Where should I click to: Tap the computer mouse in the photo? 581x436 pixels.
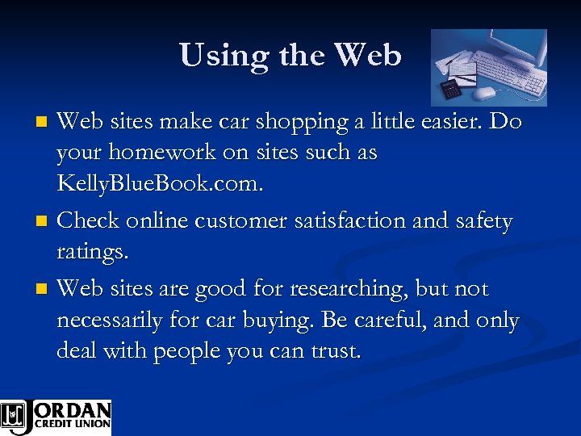coord(484,94)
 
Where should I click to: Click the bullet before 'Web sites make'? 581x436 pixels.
coord(44,123)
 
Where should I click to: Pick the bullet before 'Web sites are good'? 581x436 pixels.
coord(44,289)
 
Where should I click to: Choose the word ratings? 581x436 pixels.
coord(92,252)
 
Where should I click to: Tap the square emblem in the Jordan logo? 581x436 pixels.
coord(13,416)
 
